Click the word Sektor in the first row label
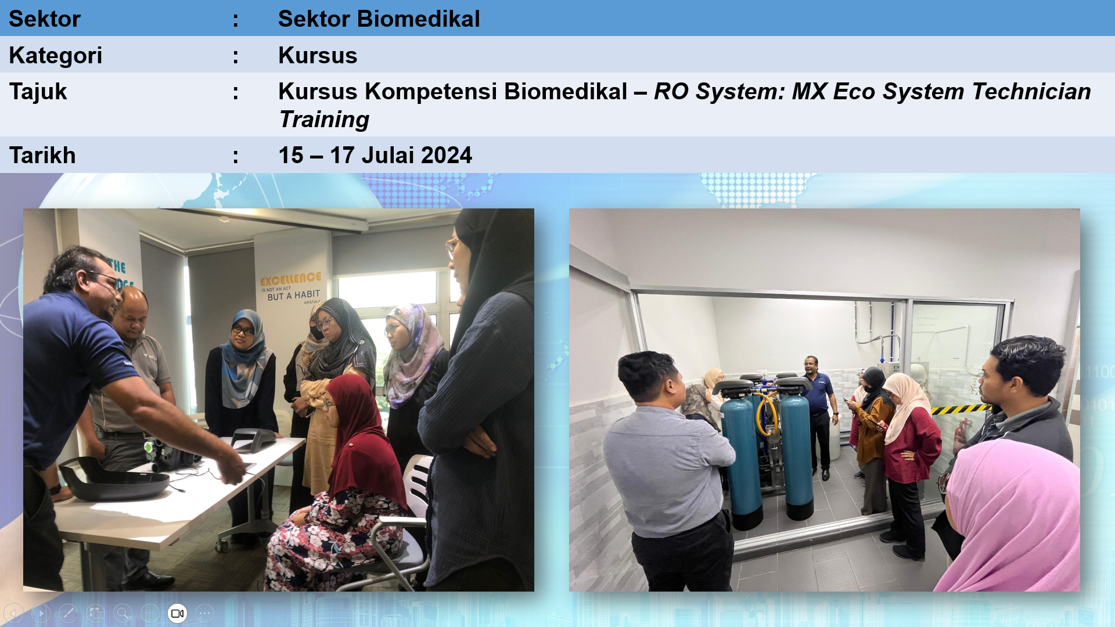click(44, 19)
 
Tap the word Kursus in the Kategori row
click(318, 55)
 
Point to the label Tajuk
click(38, 92)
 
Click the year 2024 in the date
click(446, 155)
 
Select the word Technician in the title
click(1031, 91)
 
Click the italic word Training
click(324, 120)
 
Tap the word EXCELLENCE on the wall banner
click(290, 279)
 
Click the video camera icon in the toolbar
click(177, 613)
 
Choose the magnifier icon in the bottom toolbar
click(123, 613)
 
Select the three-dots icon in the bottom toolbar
click(204, 613)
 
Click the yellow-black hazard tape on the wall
click(961, 409)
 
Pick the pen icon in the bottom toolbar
click(68, 613)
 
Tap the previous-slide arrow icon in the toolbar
click(13, 613)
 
